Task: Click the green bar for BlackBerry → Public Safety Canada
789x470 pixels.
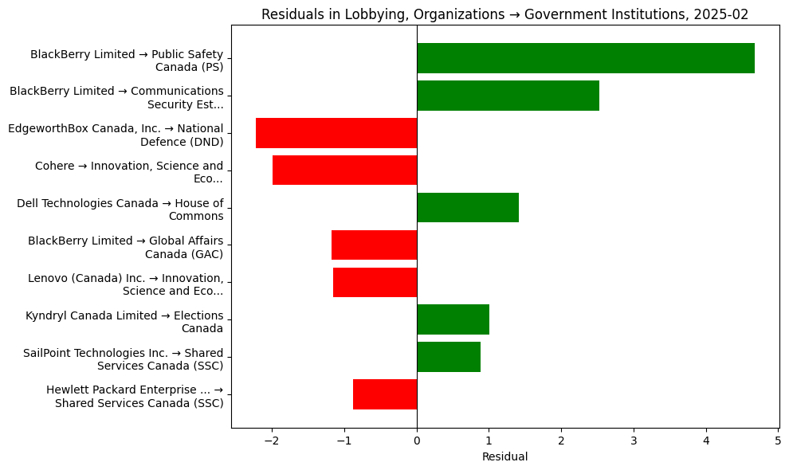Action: pos(586,58)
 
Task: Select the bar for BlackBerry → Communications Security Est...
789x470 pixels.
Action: pos(508,96)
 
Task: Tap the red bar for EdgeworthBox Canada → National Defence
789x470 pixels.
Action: pos(336,133)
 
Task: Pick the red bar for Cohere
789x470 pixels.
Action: pos(344,170)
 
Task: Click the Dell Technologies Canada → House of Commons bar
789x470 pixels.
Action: pos(468,208)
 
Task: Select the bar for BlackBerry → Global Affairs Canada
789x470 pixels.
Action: pos(374,245)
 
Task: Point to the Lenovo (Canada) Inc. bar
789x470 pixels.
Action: pos(375,282)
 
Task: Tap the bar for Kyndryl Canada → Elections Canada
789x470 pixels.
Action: pos(453,319)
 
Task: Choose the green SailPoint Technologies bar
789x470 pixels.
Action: pos(449,357)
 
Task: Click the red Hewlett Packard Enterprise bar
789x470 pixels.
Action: pos(385,394)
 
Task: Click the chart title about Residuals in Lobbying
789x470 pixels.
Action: pos(504,14)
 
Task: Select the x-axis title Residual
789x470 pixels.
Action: pos(504,456)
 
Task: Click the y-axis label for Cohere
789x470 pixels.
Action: pos(129,172)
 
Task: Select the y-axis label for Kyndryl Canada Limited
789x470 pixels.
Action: pos(124,322)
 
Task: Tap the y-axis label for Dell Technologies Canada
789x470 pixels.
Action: pos(120,210)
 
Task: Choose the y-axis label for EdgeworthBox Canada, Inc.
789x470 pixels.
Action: pos(116,135)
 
